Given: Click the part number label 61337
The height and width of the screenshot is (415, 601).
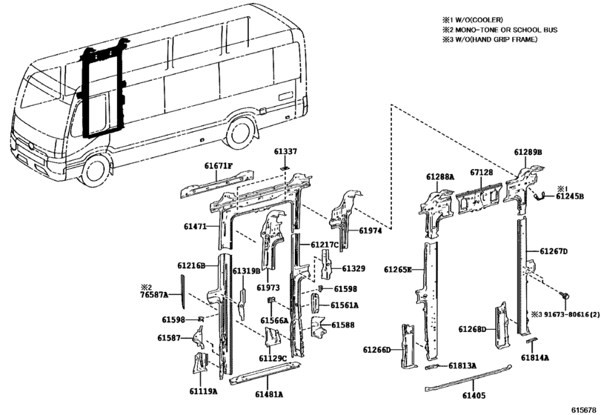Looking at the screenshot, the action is [285, 152].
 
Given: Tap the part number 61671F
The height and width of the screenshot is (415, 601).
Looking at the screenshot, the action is [219, 166].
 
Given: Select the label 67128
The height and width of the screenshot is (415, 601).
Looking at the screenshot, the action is [482, 173].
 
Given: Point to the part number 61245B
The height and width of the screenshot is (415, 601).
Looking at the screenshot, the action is [570, 196].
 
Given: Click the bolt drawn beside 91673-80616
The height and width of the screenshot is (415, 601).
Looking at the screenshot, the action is [565, 295].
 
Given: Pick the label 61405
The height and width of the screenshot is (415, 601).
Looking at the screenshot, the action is [474, 396].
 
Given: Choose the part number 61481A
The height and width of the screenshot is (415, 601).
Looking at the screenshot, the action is [268, 394].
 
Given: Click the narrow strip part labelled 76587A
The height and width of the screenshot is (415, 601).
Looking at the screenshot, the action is [182, 291].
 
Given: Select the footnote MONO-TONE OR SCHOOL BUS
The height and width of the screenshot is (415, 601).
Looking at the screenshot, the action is [506, 30].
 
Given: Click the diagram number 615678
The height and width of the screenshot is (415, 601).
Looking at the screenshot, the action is [585, 410].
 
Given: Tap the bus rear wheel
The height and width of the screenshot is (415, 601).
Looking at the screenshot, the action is [241, 134].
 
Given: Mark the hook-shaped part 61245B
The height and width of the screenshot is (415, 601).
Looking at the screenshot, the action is [539, 196].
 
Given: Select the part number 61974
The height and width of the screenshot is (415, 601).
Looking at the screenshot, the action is [371, 231].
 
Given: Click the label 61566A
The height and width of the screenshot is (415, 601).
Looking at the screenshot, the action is [274, 321].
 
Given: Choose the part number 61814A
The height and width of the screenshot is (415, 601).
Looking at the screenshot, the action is [535, 358].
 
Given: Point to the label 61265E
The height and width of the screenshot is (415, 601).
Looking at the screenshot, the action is [398, 270].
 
